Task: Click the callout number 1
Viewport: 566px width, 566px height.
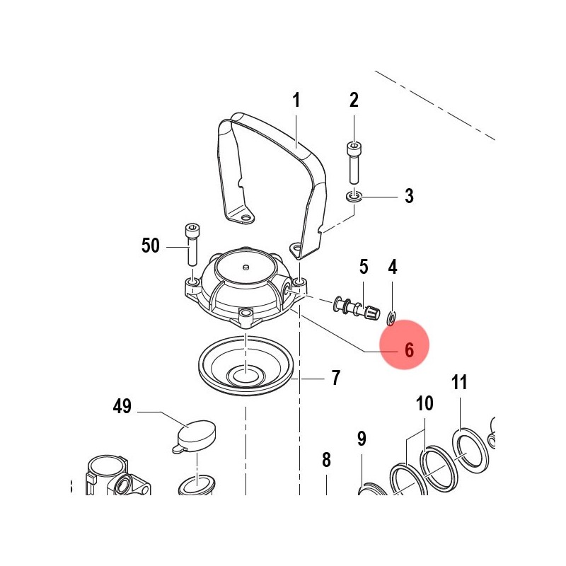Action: [296, 100]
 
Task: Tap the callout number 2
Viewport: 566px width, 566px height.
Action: [354, 100]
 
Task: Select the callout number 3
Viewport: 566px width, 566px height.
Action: [409, 196]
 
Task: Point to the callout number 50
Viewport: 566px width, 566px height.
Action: [151, 246]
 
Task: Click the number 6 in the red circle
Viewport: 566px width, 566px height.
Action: [409, 350]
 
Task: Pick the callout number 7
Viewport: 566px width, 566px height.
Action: [335, 378]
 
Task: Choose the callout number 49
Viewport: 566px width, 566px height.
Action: [122, 406]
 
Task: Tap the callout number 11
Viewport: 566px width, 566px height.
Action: [459, 383]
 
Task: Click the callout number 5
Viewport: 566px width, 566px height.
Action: [364, 267]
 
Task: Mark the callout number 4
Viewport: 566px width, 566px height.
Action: [393, 267]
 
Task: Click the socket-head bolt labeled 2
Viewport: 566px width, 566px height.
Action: [354, 163]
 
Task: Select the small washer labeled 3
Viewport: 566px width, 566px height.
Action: [354, 197]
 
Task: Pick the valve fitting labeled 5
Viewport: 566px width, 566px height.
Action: [357, 308]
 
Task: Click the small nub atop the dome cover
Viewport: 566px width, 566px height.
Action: [246, 267]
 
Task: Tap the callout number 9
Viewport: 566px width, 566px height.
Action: [362, 439]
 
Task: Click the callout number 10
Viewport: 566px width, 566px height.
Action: [424, 403]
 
